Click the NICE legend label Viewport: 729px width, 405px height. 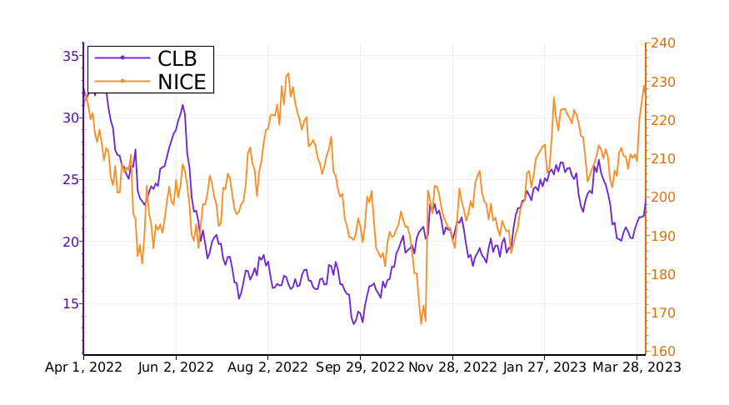[x=181, y=81]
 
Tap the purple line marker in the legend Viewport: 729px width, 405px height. [x=122, y=57]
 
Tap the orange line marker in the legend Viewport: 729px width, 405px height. [x=122, y=81]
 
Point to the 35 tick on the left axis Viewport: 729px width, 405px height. [x=70, y=56]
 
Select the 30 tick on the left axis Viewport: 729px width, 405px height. [x=70, y=117]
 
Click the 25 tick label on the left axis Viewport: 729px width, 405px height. [x=70, y=179]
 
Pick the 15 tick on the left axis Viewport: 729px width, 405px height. [x=70, y=303]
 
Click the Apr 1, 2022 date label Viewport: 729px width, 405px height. [x=83, y=367]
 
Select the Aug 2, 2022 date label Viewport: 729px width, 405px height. [x=268, y=367]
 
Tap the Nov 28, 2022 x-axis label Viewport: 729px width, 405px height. [x=454, y=367]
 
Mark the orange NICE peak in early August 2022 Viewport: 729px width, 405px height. [x=288, y=73]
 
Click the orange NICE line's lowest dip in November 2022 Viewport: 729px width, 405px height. [x=422, y=323]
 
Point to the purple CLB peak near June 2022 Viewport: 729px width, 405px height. [x=182, y=105]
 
